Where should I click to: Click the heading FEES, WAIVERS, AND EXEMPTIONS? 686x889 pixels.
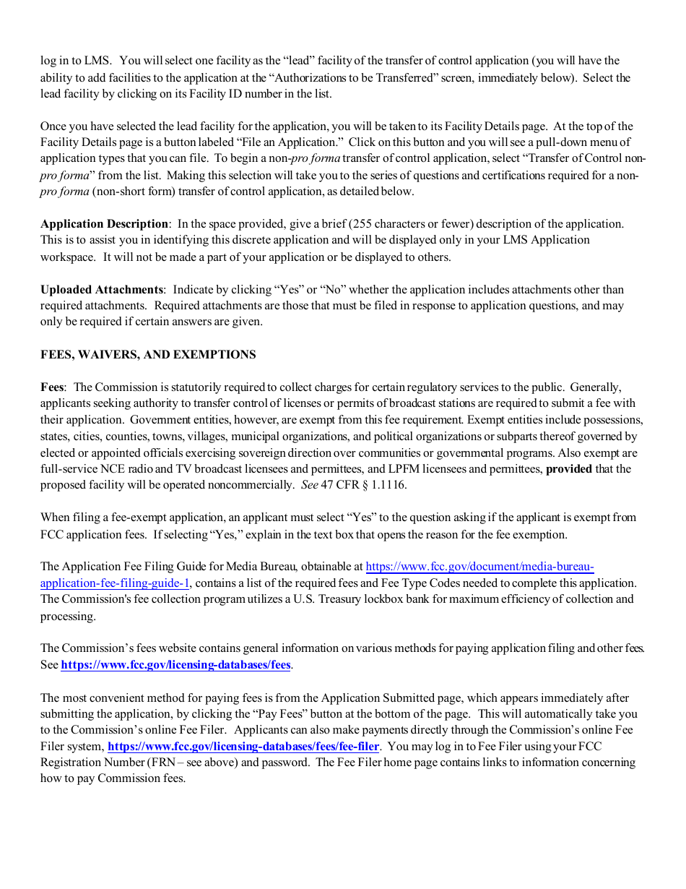click(x=148, y=355)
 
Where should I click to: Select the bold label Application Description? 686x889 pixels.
click(x=104, y=224)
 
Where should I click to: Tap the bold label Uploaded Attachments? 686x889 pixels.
click(x=102, y=290)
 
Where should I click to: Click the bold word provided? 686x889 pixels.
click(x=568, y=469)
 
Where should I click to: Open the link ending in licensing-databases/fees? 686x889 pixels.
click(x=175, y=665)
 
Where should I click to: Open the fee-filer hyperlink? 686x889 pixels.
click(x=243, y=746)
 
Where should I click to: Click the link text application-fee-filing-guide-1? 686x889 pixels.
click(x=115, y=583)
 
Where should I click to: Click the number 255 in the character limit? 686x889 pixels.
click(x=360, y=224)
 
